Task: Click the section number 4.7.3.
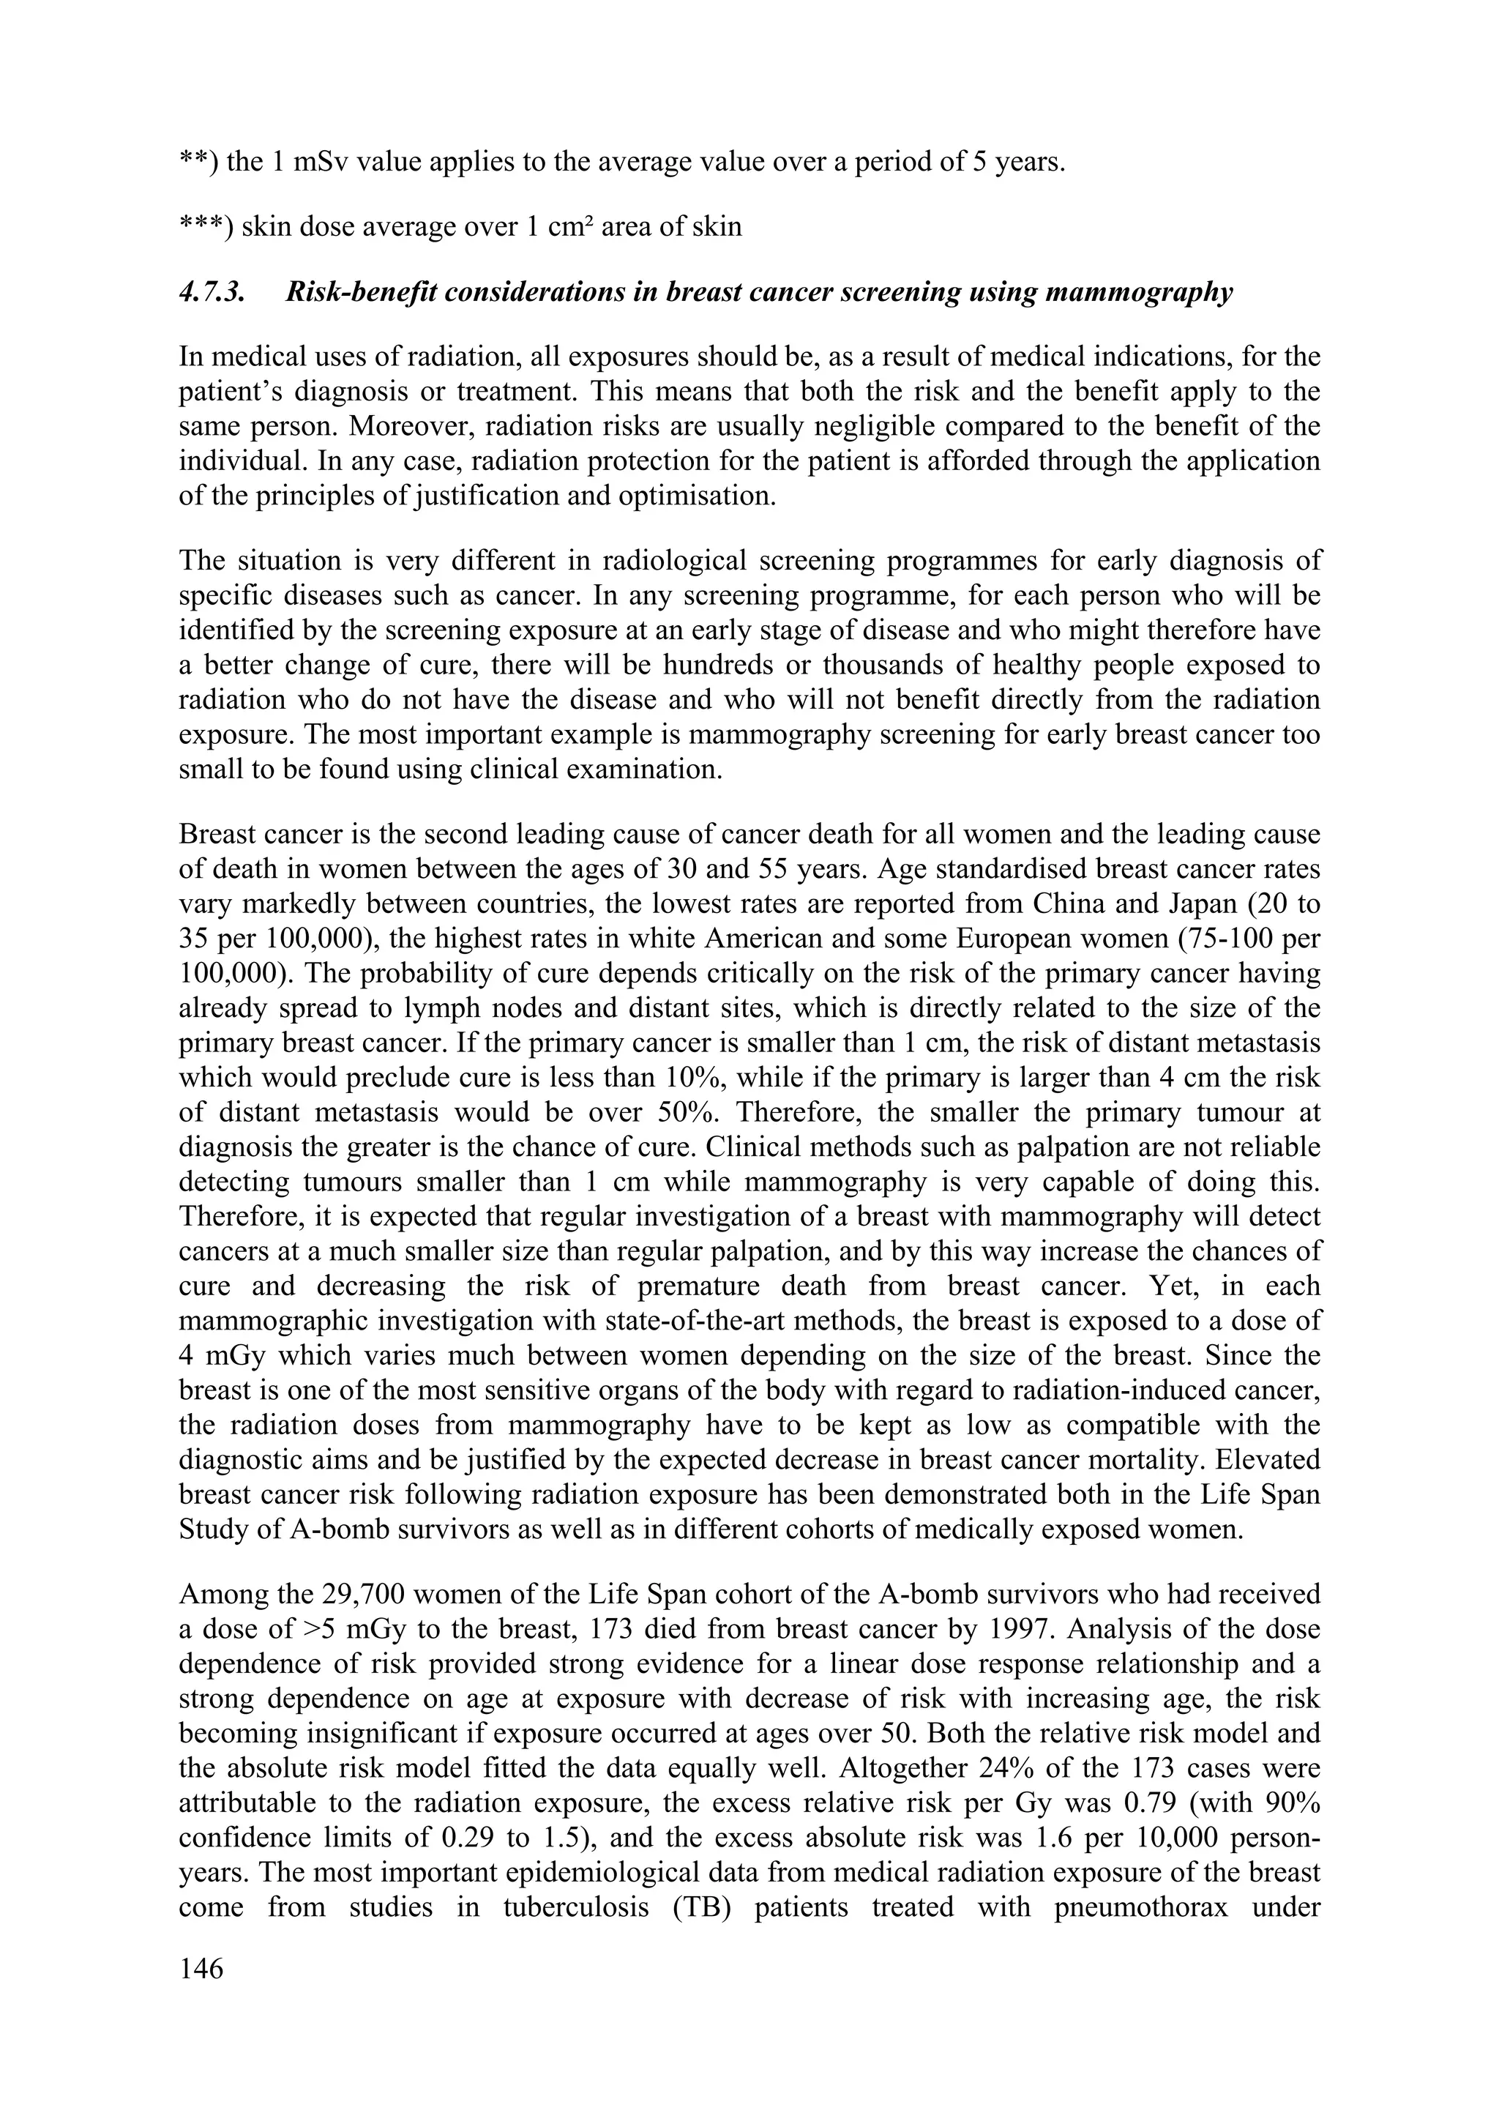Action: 217,294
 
